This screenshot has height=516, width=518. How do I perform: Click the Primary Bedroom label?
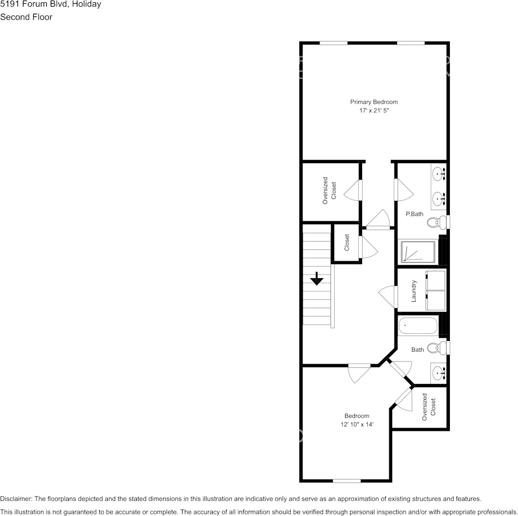[374, 102]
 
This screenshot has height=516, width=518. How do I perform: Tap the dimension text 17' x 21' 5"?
[374, 111]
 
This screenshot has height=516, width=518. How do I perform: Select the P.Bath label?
[414, 214]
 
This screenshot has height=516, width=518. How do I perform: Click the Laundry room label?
[414, 291]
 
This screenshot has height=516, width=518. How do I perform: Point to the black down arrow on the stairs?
[317, 279]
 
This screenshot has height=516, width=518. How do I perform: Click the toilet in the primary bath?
[436, 223]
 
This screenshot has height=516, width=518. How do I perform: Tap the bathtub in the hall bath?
[418, 326]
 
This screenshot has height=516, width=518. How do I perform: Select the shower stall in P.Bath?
[419, 251]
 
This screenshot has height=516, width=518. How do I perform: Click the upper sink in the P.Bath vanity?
[438, 175]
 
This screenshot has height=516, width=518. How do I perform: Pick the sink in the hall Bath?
[438, 373]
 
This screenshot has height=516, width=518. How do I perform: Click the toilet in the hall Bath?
[436, 348]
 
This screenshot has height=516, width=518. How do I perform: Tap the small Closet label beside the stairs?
[347, 243]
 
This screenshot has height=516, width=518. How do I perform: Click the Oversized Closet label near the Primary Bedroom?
[329, 190]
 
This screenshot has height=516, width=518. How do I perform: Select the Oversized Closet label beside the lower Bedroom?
[429, 407]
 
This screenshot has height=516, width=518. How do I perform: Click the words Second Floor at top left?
[26, 17]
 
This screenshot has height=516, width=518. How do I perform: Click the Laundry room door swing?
[388, 295]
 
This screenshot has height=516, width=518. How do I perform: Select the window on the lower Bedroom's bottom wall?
[347, 481]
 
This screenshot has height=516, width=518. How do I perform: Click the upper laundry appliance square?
[435, 280]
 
